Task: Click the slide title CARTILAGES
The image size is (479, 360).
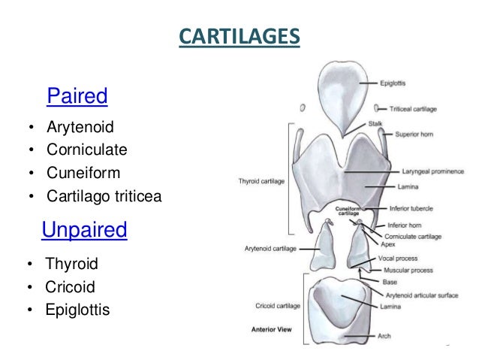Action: tap(239, 36)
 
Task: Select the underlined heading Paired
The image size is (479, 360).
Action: tap(77, 96)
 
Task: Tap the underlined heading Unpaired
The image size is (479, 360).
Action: tap(84, 230)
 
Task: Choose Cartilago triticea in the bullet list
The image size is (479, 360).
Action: tap(103, 197)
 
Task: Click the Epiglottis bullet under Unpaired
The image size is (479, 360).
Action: tap(77, 309)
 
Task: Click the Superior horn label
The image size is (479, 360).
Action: tap(408, 135)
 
